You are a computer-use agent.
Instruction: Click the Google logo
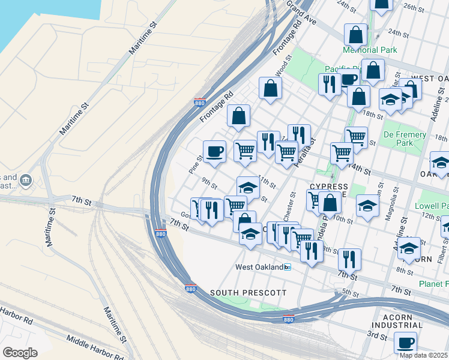20,352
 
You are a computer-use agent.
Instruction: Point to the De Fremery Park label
405,139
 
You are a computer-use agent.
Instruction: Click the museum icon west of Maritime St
25,179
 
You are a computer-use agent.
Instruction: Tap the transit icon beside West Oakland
288,267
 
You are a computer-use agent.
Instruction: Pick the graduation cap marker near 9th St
248,187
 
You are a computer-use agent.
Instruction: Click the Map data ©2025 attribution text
424,355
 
